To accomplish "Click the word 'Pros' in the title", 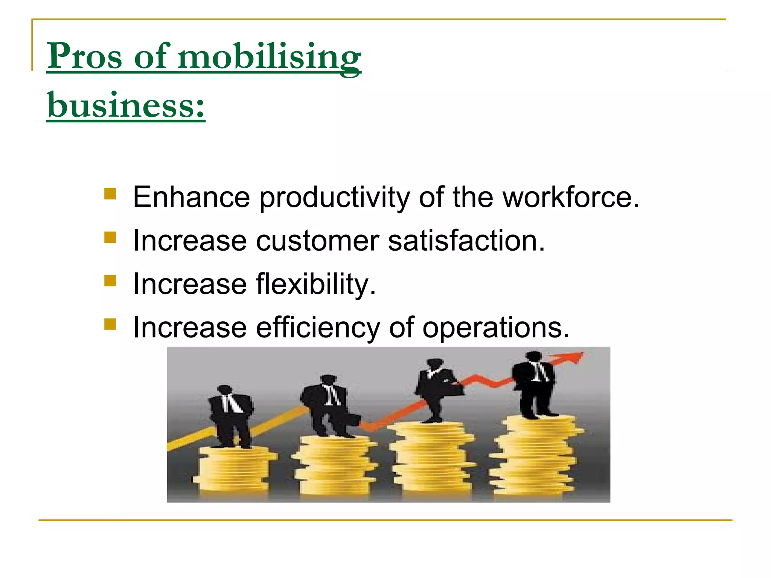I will pos(85,56).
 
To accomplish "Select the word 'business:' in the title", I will pos(126,105).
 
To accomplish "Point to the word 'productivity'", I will pos(334,198).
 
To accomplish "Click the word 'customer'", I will pos(317,241).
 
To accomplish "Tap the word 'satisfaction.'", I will pos(466,240).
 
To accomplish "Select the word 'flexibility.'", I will pos(316,284).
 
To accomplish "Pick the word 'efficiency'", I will pos(318,328).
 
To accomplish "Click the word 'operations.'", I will pos(496,328).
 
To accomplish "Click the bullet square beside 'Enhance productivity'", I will pos(110,194).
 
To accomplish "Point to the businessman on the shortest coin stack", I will pos(230,416).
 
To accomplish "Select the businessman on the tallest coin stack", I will pos(535,384).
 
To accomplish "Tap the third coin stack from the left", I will pos(432,457).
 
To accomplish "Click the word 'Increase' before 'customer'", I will pos(190,241).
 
